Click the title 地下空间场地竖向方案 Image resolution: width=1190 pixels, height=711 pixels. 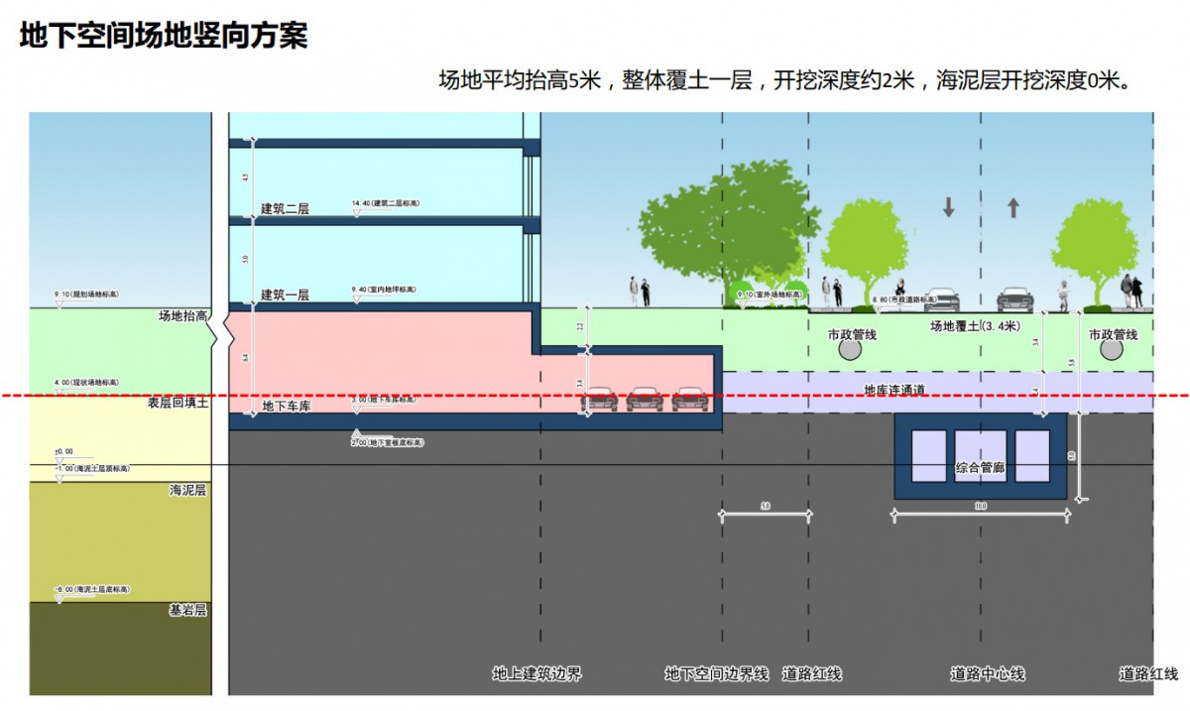click(164, 36)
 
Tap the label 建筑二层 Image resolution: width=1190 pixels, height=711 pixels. click(285, 209)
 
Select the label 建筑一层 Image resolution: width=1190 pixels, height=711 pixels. click(285, 296)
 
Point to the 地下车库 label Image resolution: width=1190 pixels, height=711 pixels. click(287, 407)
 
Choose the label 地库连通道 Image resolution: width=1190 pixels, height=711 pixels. click(894, 390)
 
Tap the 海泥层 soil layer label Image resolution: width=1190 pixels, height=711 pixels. click(187, 490)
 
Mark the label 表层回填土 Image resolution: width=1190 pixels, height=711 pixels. click(178, 403)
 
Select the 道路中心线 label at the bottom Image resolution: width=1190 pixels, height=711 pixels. click(987, 674)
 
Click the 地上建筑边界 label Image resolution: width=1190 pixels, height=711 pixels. click(536, 674)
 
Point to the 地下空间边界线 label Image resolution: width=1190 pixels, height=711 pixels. click(716, 674)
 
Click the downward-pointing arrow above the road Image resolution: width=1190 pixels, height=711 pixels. click(948, 207)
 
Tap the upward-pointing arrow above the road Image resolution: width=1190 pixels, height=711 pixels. click(1013, 207)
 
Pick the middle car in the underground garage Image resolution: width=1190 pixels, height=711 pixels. click(645, 399)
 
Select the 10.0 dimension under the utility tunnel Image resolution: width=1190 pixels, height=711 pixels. click(980, 507)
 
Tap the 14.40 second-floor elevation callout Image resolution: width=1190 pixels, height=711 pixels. click(385, 203)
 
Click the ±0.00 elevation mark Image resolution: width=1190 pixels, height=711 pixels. click(64, 452)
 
